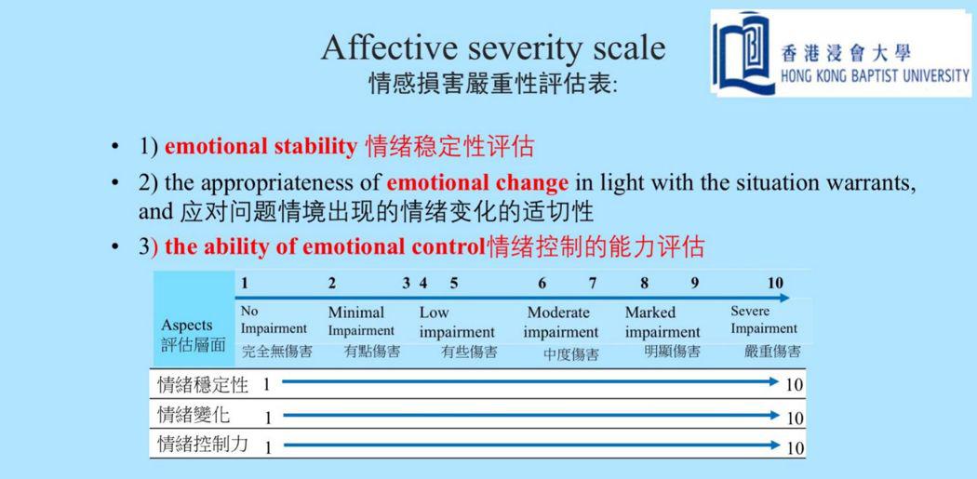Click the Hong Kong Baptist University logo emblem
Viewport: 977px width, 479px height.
click(x=743, y=54)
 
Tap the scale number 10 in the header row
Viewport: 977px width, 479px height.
click(x=774, y=283)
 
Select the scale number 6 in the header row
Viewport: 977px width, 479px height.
click(x=542, y=284)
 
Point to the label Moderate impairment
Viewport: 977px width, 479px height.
click(x=560, y=323)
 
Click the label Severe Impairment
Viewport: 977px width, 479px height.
click(x=764, y=320)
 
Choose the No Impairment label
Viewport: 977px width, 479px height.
click(x=274, y=320)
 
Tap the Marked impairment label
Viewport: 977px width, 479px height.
click(x=662, y=322)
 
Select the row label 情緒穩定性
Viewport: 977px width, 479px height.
click(x=203, y=384)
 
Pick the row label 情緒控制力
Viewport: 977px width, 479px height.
click(x=203, y=444)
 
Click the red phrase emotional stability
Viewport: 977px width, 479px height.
click(x=261, y=146)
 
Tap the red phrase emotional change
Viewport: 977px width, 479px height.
click(x=477, y=182)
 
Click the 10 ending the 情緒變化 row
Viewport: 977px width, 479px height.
click(x=795, y=418)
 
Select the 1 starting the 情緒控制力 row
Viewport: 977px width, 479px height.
click(x=269, y=447)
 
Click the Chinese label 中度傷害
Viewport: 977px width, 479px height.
click(x=570, y=354)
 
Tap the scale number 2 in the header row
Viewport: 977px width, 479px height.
click(x=332, y=284)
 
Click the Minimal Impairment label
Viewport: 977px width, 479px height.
click(x=361, y=321)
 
